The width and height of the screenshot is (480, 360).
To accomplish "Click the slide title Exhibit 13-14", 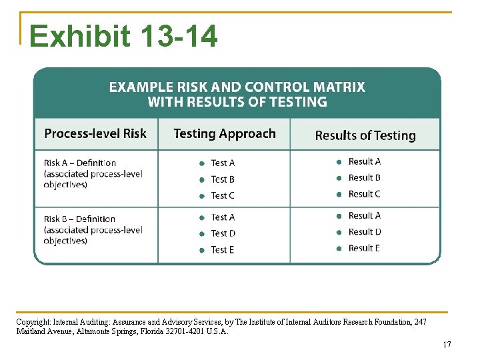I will click(x=123, y=37).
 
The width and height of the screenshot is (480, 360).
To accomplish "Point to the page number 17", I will click(x=447, y=345).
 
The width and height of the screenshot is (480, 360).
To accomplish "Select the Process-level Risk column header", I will click(x=95, y=134).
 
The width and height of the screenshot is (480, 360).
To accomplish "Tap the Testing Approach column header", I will click(x=224, y=134).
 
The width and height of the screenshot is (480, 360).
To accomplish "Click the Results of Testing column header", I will click(x=365, y=135).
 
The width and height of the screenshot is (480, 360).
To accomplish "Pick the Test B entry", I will click(x=223, y=179).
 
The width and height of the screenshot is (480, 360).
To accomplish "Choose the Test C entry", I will click(x=223, y=195).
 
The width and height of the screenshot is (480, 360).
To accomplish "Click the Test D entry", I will click(x=223, y=233).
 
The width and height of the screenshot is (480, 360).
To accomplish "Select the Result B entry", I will click(x=365, y=178).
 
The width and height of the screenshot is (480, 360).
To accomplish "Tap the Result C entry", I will click(x=365, y=194).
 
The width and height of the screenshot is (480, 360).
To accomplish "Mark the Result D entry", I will click(x=365, y=232).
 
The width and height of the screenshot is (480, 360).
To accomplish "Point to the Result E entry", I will click(x=365, y=248).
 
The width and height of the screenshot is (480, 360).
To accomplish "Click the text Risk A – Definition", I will click(x=80, y=163).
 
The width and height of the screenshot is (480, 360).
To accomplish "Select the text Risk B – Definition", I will click(x=80, y=219).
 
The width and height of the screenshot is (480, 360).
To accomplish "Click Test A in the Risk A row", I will click(x=223, y=163).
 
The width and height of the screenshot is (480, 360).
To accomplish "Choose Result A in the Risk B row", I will click(x=365, y=216).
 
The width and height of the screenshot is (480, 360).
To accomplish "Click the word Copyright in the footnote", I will click(x=32, y=322).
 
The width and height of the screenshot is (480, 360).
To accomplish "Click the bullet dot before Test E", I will click(x=202, y=250).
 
